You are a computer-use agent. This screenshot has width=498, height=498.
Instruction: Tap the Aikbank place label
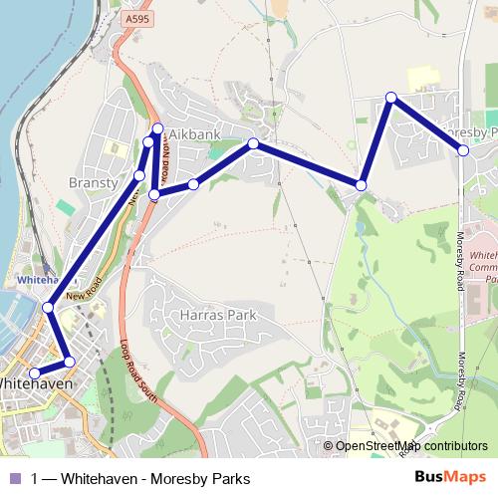(196, 132)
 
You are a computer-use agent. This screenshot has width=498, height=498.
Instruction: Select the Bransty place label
(93, 183)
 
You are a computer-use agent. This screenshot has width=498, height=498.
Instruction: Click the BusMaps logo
(455, 477)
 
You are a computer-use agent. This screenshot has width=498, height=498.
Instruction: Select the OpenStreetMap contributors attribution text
(412, 446)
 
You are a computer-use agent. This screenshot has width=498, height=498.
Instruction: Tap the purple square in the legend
(13, 477)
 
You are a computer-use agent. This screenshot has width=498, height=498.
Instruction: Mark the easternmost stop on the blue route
(463, 150)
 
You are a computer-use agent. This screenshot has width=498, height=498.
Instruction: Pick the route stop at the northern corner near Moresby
(391, 98)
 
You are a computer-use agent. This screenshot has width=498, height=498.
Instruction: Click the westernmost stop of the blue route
(35, 373)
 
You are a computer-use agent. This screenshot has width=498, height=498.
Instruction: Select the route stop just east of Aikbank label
(254, 143)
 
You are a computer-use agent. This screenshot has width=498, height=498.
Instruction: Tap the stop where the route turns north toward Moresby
(362, 185)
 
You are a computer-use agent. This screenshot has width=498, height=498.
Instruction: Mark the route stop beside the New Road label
(48, 308)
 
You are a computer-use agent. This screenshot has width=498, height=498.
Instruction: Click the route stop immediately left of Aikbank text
(157, 128)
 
